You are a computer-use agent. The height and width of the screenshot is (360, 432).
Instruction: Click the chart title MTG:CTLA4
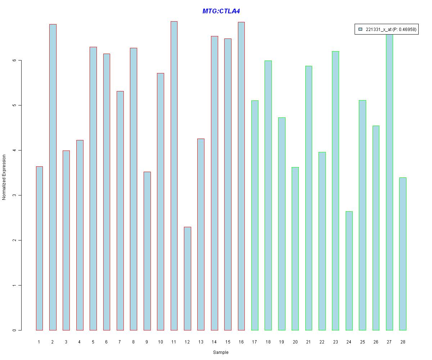point(221,11)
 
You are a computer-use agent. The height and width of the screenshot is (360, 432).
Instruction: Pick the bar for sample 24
point(349,271)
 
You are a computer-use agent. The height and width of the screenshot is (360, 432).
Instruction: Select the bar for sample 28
point(403,254)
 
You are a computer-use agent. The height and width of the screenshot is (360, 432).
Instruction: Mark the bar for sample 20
point(295,248)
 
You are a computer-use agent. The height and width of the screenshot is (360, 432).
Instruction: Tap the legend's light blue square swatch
point(360,30)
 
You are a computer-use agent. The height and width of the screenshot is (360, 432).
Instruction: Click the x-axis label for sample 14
point(214,342)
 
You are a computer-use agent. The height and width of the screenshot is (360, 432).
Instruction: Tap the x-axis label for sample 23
point(335,342)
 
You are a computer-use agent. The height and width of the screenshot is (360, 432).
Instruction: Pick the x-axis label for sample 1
point(39,342)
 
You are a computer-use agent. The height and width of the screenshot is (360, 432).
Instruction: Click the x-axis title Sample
point(220,352)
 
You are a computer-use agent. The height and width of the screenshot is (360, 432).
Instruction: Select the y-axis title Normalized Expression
point(4,177)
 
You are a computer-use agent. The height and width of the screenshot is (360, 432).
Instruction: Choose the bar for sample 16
point(241,176)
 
